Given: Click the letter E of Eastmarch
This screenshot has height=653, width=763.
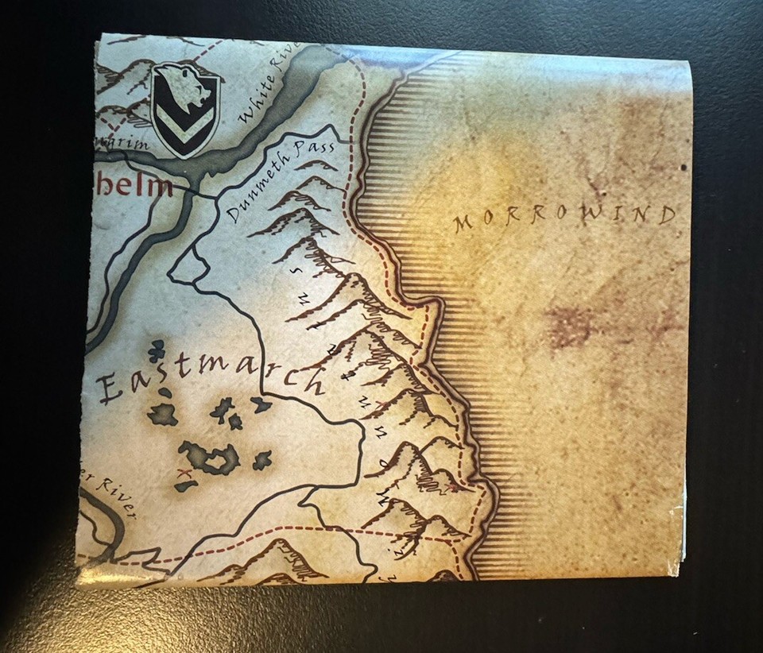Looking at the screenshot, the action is click(110, 391).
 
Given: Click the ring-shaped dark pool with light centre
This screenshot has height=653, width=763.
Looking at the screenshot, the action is click(210, 458).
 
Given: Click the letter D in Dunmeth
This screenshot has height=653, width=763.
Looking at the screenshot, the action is click(233, 214).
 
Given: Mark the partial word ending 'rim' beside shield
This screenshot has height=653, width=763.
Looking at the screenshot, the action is click(131, 145).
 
